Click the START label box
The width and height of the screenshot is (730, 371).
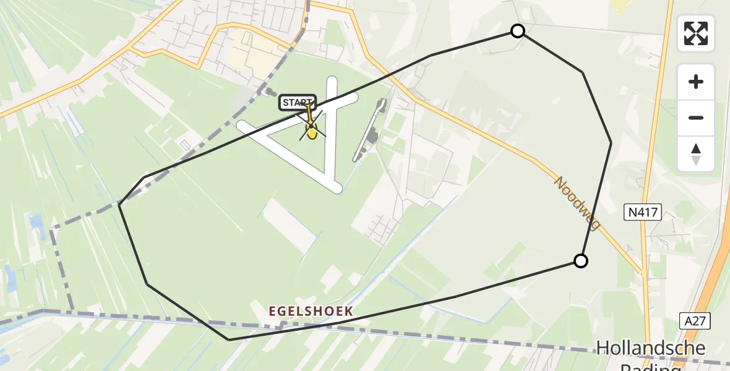[x=298, y=103]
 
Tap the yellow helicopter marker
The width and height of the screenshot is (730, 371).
[x=312, y=130]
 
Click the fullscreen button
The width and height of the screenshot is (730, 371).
[x=696, y=33]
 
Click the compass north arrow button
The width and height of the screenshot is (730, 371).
[x=696, y=154]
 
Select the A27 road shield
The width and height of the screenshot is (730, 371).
[x=697, y=320]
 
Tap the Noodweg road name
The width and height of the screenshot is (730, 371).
[x=577, y=203]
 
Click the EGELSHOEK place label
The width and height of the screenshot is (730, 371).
[x=310, y=310]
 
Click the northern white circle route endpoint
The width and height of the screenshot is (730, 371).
[x=518, y=31]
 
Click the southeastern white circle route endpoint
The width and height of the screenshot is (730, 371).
[x=580, y=261]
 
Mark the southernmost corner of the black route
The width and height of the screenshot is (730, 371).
[x=229, y=339]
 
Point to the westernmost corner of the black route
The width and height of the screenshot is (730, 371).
[x=119, y=204]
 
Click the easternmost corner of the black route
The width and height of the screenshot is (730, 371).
[x=611, y=143]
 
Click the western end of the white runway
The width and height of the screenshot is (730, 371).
[x=242, y=126]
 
